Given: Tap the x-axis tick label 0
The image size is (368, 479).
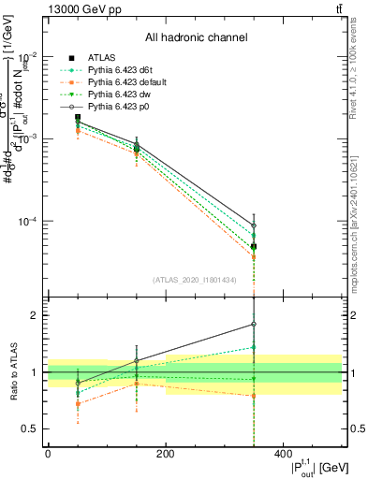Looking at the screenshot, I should pyautogui.click(x=48, y=454).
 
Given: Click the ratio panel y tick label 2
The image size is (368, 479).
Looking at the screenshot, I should pyautogui.click(x=33, y=315).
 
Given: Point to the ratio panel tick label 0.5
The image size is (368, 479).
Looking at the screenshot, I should pyautogui.click(x=29, y=429).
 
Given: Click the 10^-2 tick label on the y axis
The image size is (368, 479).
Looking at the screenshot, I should pyautogui.click(x=26, y=55).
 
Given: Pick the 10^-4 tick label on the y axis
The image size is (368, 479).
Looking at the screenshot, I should pyautogui.click(x=26, y=222).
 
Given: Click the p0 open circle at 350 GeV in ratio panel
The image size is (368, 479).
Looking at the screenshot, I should pyautogui.click(x=253, y=324).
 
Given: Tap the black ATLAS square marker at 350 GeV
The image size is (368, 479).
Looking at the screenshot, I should pyautogui.click(x=253, y=247).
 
